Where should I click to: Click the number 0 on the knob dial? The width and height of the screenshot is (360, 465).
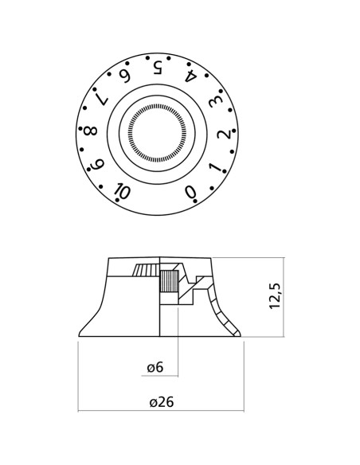190,192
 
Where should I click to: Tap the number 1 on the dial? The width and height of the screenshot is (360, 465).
214,167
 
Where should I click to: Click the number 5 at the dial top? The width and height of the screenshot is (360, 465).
158,67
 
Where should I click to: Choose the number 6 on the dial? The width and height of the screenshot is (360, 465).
124,76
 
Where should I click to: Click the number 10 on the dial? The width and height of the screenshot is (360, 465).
122,191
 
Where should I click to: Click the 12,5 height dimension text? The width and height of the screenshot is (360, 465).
275,295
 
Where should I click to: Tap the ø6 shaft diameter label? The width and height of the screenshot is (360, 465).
155,367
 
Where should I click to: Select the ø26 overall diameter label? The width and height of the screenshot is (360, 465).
161,402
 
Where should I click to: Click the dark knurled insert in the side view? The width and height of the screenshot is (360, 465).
168,281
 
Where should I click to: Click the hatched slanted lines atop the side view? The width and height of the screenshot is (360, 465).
145,269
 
